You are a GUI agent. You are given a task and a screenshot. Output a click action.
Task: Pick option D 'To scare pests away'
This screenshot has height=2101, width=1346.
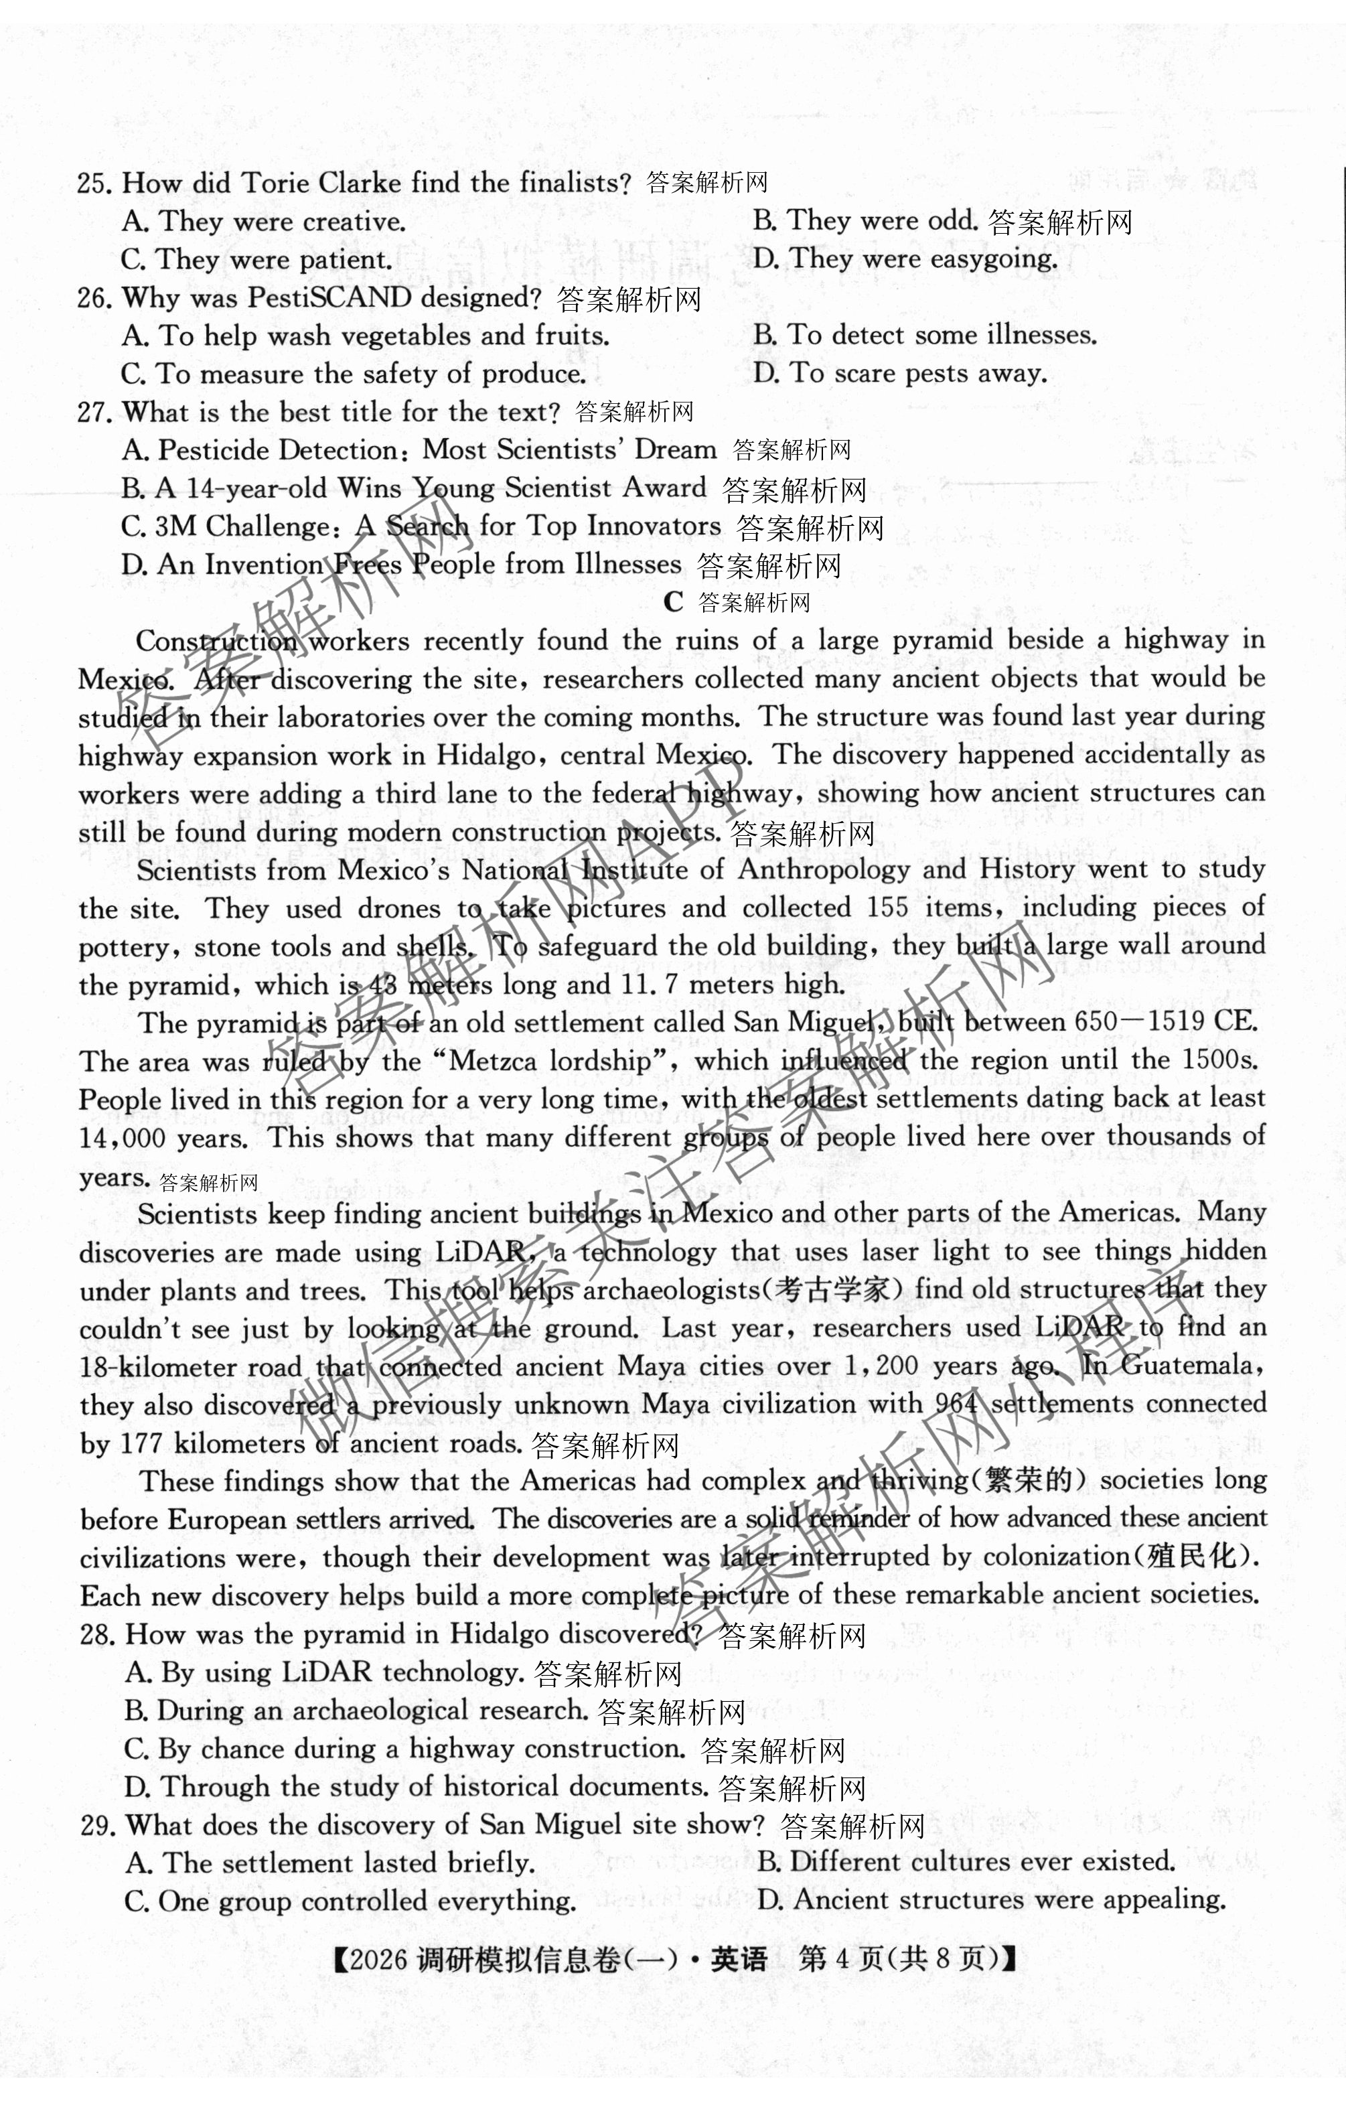(899, 374)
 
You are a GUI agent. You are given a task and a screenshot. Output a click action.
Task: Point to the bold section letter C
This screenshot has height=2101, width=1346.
(672, 602)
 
